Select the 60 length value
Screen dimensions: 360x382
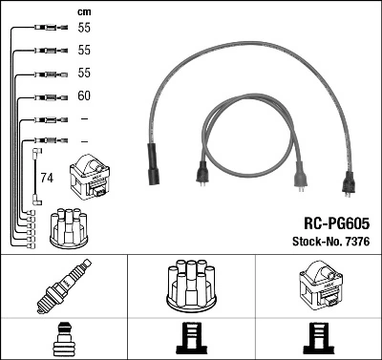(83, 95)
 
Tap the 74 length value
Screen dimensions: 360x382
(47, 179)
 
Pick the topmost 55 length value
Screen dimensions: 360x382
(83, 30)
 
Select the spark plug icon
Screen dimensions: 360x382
(63, 289)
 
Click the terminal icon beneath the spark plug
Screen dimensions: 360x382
(63, 339)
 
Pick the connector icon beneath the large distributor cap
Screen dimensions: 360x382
(191, 339)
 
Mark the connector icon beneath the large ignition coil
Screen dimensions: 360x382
(318, 339)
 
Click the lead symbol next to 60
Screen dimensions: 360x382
(48, 95)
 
